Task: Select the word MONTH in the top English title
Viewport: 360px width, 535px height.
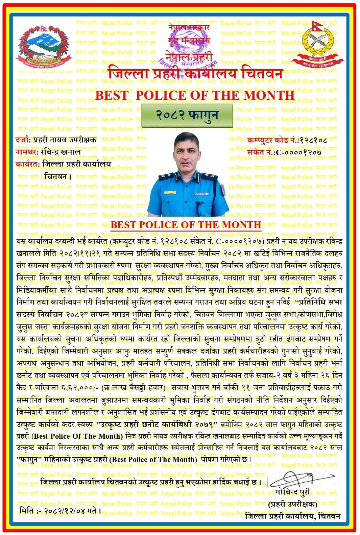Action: pos(271,95)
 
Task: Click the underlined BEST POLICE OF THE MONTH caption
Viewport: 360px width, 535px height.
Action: pos(186,224)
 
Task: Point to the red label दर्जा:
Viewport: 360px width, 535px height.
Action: pos(23,140)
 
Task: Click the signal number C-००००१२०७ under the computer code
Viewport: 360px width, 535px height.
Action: pos(298,152)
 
